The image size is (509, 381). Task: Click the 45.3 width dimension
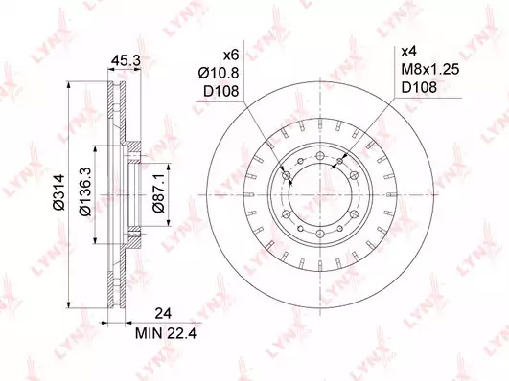[126, 60]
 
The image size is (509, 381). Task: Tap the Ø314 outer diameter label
[59, 192]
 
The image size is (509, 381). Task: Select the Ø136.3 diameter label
[85, 192]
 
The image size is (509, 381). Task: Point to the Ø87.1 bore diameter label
[159, 192]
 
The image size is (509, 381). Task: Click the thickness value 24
[163, 314]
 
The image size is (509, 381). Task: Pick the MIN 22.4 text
[166, 333]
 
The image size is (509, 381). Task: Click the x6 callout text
[231, 56]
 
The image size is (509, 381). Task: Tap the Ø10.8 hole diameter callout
[219, 74]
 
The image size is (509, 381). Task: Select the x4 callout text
[409, 52]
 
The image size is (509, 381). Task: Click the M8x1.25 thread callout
[430, 69]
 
